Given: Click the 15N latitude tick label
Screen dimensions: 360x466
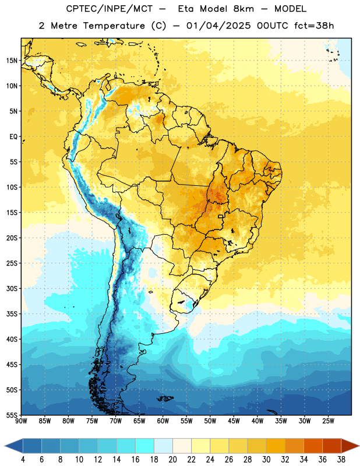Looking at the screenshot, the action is (12, 61).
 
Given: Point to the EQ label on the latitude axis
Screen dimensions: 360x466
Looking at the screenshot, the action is (13, 137).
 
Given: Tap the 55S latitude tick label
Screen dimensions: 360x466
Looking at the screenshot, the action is (12, 415).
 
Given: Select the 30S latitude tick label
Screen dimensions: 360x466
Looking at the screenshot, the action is (12, 288).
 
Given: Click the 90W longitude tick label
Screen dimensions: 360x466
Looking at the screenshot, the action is (21, 421).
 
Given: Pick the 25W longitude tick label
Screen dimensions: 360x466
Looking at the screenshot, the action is (328, 421).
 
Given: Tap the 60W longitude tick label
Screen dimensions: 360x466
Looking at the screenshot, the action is (163, 421).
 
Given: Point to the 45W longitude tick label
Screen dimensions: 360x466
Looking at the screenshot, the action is (234, 421).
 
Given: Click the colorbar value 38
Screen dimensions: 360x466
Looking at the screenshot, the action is (341, 460).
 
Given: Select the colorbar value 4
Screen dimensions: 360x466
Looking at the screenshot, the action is (23, 460).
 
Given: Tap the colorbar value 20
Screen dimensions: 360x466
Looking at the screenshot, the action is (172, 460).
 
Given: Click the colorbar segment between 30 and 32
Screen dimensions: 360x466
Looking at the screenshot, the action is (276, 446).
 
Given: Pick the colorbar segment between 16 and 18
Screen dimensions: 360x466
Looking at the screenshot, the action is (144, 446).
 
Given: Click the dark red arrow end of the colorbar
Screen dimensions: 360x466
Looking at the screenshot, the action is (350, 446).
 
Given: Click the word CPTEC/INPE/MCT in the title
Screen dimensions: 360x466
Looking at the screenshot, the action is (109, 9).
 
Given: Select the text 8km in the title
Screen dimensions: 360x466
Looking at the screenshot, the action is (243, 9).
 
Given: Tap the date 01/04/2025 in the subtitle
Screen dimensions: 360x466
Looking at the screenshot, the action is (218, 26).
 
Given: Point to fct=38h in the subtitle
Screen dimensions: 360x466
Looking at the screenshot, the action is (314, 26).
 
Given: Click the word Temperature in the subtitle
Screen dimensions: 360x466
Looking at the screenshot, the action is (114, 26).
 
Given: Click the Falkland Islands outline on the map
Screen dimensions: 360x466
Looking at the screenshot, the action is (165, 398).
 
